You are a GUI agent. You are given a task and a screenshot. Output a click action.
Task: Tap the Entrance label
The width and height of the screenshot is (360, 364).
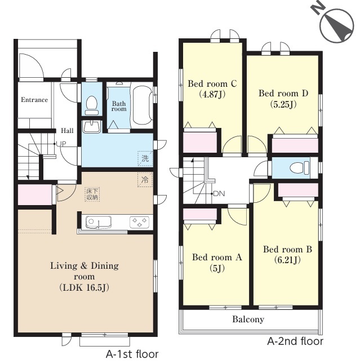click(34, 100)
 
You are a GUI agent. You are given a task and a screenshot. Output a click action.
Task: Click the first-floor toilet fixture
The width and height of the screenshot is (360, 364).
click(91, 106)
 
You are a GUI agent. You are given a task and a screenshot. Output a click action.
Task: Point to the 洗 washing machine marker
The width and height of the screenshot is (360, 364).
click(145, 158)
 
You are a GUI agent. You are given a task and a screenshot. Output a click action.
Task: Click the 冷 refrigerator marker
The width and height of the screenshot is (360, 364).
click(145, 179)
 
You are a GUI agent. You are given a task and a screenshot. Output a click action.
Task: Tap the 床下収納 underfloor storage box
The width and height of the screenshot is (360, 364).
click(92, 194)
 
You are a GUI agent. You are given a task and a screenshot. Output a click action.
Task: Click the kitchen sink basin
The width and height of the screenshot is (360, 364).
click(99, 222)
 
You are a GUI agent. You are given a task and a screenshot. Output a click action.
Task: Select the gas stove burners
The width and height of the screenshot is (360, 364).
click(139, 222)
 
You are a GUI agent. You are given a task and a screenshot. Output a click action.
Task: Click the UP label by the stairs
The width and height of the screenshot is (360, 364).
click(61, 144)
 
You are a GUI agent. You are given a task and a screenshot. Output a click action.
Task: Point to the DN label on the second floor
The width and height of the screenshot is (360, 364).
click(219, 193)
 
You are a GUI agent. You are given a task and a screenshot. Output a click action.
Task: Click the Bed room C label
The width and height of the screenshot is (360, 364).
click(212, 83)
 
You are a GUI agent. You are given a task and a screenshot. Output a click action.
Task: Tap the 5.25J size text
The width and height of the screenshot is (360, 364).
click(283, 104)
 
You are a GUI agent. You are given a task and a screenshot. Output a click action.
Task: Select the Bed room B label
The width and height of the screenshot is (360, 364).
click(287, 249)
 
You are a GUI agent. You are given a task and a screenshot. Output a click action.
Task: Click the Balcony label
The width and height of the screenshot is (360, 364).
click(248, 319)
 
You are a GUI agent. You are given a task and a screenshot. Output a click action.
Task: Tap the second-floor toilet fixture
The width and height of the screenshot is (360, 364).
click(300, 167)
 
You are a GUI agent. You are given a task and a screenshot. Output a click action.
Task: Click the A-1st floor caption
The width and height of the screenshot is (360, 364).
click(132, 354)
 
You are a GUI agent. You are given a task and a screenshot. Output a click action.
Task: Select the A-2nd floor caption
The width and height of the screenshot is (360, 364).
click(295, 341)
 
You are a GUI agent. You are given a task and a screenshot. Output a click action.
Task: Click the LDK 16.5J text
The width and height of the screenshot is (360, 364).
click(85, 287)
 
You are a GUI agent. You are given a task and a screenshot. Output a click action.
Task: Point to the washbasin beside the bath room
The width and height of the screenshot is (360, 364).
click(92, 127)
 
